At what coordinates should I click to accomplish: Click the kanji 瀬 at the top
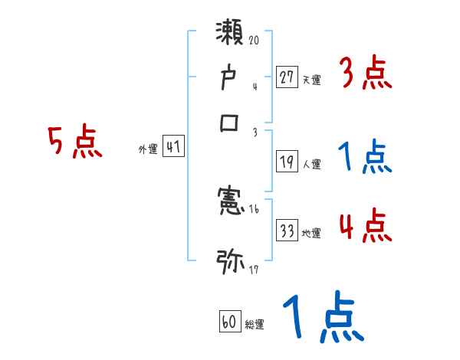point(230,36)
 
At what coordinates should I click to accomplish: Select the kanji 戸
point(230,79)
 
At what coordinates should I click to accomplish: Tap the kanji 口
point(230,123)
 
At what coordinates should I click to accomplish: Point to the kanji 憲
point(230,202)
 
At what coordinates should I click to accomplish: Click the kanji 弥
point(230,261)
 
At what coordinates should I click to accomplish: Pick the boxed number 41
point(173,147)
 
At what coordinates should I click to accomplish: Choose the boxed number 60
point(228,322)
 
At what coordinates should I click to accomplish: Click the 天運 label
point(312,80)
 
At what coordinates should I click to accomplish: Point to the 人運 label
point(312,164)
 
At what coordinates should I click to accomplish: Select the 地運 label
point(312,233)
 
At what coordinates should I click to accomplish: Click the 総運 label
point(255,325)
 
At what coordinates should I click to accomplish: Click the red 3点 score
point(365,74)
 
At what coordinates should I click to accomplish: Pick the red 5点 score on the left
point(74,143)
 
